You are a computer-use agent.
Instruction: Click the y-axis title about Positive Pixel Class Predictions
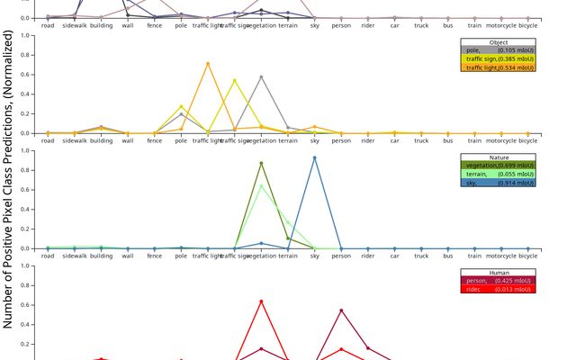click(x=12, y=180)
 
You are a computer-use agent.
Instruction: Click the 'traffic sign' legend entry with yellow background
click(x=498, y=58)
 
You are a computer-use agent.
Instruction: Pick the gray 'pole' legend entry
click(x=498, y=50)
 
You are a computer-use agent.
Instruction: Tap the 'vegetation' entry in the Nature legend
click(x=498, y=166)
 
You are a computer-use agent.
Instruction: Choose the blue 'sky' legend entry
click(x=498, y=182)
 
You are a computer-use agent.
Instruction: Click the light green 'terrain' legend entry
click(x=498, y=174)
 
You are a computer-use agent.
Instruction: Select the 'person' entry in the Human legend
click(x=498, y=281)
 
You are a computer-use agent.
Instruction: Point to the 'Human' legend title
click(x=498, y=273)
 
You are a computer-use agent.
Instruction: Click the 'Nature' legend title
click(x=498, y=157)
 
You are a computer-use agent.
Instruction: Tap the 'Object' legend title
click(x=498, y=42)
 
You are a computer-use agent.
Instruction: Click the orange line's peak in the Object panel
click(x=208, y=64)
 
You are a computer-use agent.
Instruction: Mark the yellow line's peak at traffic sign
click(x=235, y=81)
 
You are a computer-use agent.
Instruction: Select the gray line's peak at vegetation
click(x=261, y=76)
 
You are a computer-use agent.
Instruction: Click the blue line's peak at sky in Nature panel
click(x=314, y=157)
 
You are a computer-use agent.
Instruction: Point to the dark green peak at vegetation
click(x=261, y=163)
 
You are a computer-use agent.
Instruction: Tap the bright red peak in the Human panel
click(x=261, y=301)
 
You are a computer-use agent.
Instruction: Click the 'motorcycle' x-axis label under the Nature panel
click(x=501, y=256)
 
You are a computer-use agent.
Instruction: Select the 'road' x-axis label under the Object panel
click(x=48, y=140)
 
